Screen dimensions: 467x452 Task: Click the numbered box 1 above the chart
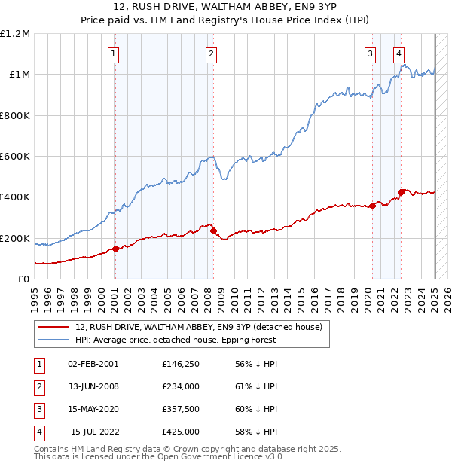113,53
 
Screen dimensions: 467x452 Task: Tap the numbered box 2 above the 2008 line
211,53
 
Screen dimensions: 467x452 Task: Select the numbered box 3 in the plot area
371,53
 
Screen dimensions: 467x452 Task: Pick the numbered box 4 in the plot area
399,53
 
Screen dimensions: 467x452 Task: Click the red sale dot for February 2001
115,249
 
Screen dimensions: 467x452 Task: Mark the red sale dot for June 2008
213,231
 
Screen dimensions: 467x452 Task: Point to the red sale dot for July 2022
401,192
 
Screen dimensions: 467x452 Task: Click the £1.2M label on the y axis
16,34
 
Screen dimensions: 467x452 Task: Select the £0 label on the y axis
23,279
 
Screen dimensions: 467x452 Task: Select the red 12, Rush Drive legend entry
199,327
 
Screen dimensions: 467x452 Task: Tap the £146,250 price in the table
181,363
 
